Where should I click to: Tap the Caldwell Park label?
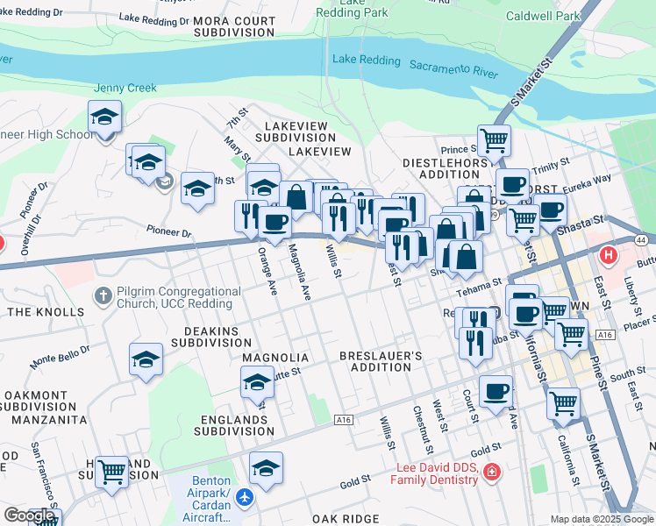click(x=543, y=17)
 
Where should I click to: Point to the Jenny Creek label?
click(x=125, y=88)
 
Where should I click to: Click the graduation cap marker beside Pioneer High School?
click(x=104, y=117)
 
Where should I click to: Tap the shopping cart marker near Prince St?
click(x=494, y=139)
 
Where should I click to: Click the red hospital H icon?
click(x=608, y=256)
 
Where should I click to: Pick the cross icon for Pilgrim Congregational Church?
click(x=103, y=295)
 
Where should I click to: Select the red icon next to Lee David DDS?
click(x=491, y=473)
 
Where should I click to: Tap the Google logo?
click(x=28, y=515)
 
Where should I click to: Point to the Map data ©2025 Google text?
click(x=602, y=519)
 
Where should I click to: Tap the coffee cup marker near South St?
click(x=496, y=391)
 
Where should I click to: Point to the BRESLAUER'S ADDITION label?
click(x=381, y=362)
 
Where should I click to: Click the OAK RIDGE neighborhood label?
click(x=346, y=519)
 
